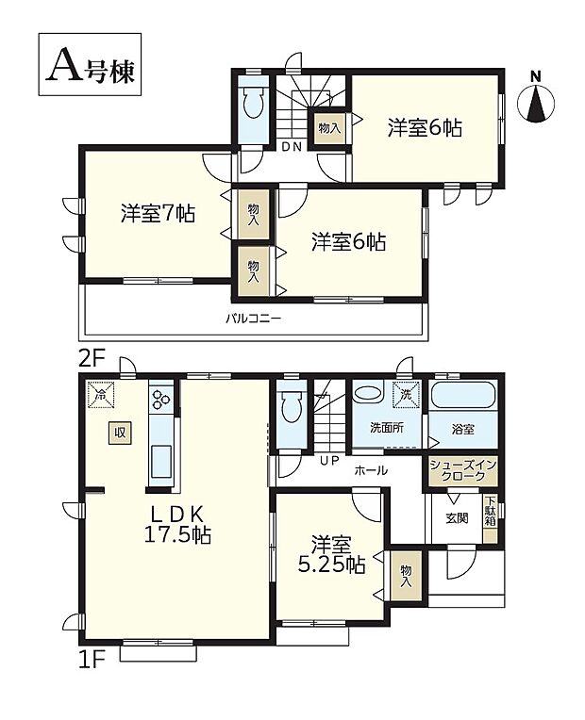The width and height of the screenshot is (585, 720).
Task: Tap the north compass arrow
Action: (536, 103)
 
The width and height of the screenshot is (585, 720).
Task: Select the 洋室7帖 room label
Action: (157, 213)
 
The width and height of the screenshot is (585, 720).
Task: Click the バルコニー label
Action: (252, 318)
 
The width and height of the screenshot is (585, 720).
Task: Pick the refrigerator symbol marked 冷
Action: (100, 393)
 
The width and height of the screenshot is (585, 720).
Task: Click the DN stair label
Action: (291, 144)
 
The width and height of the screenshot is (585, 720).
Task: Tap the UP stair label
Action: (329, 459)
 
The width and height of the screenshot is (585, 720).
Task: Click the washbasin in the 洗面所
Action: (369, 395)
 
